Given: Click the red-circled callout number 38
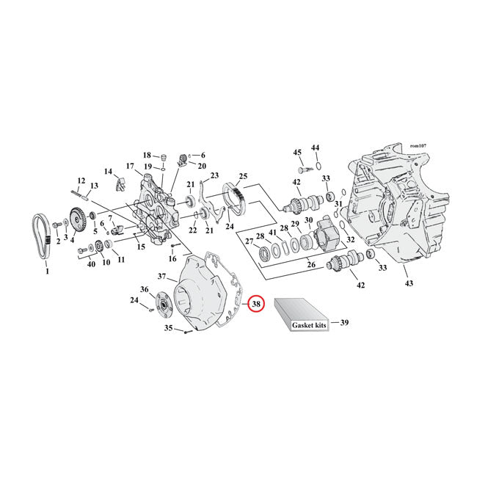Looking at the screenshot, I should coord(255,304).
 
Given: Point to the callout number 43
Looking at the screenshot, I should coord(408,283).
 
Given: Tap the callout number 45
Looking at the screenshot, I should coord(297,153).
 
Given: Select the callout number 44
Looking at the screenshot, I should coord(316,148).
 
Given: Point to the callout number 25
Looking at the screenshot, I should coord(243,176).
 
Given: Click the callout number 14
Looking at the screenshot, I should coord(109,172).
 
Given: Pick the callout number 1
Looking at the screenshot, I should coord(47,272).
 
